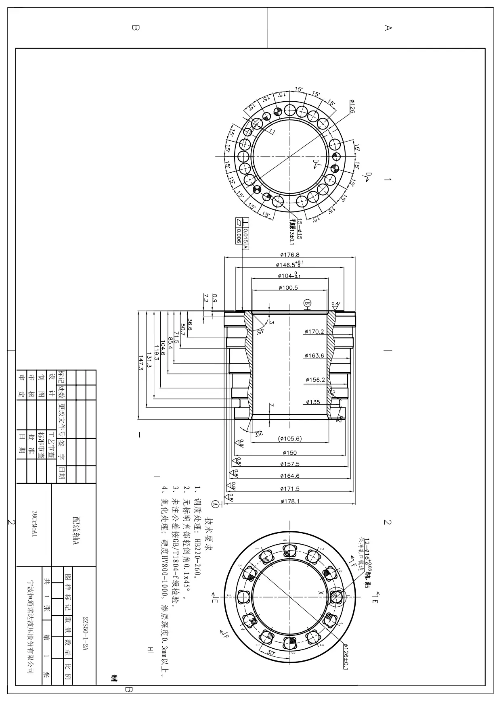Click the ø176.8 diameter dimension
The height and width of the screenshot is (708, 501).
click(290, 255)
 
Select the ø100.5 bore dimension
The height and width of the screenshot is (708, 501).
click(288, 288)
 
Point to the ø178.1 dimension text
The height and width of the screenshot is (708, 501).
click(290, 501)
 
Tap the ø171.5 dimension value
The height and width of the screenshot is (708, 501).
click(290, 489)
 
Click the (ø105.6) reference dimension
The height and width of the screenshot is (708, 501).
click(290, 439)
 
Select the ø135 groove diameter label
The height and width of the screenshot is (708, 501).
click(313, 402)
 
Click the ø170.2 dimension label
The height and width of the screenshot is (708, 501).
click(314, 332)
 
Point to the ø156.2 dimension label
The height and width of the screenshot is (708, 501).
click(315, 380)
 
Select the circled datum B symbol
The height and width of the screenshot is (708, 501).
click(308, 303)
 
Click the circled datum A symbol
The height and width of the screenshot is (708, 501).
click(215, 504)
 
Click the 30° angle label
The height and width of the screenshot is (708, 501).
click(271, 652)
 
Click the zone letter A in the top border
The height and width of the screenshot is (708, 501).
click(388, 28)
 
